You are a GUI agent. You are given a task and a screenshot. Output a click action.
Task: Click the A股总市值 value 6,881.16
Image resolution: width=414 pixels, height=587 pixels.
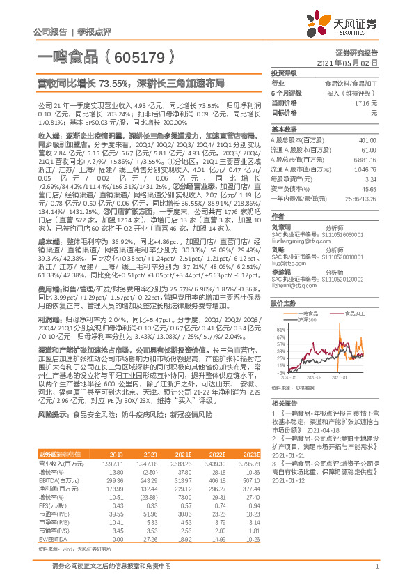pos(365,159)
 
